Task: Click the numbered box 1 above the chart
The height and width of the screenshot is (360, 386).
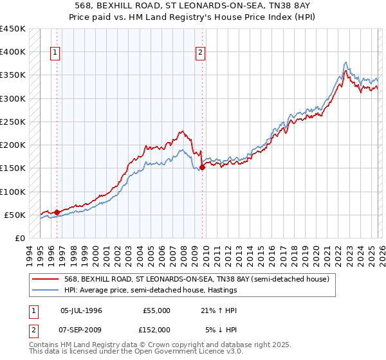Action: pos(56,53)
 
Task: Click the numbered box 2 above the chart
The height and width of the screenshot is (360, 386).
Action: pos(201,53)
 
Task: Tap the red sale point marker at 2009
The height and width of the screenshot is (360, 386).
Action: pos(203,167)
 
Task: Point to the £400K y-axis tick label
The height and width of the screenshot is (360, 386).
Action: pos(13,52)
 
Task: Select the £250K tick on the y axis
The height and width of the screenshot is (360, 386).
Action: pos(13,122)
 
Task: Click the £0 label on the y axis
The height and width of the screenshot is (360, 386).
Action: pos(19,238)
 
